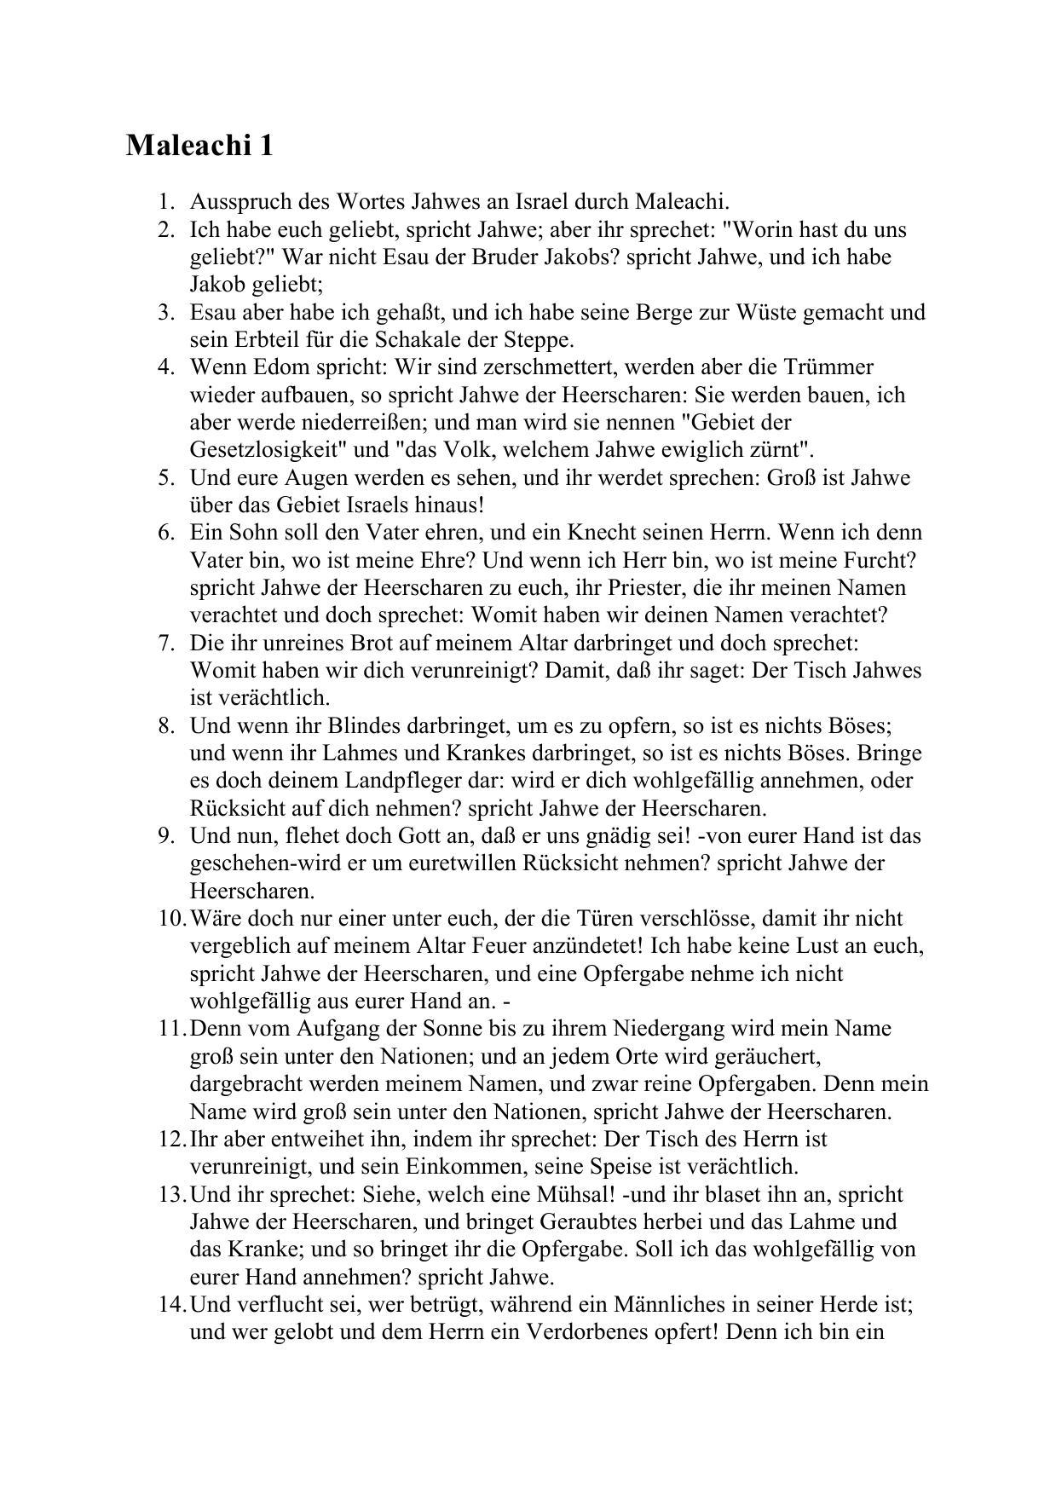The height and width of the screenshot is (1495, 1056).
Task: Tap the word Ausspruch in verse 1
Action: (238, 202)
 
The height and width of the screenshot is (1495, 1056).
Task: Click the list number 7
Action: (165, 643)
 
